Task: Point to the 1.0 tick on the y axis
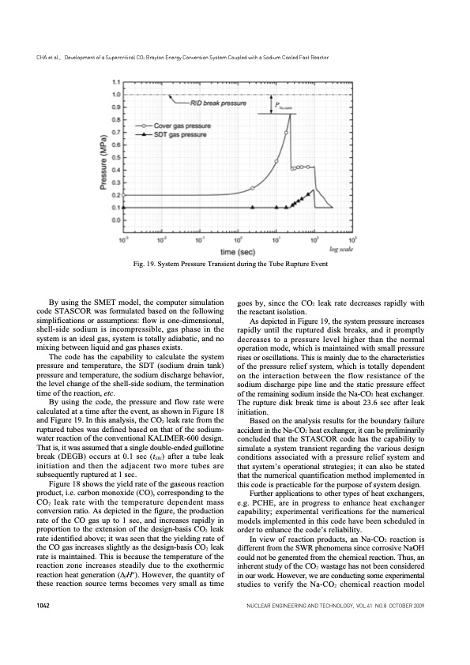pos(117,95)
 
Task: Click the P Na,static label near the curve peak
pos(280,106)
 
